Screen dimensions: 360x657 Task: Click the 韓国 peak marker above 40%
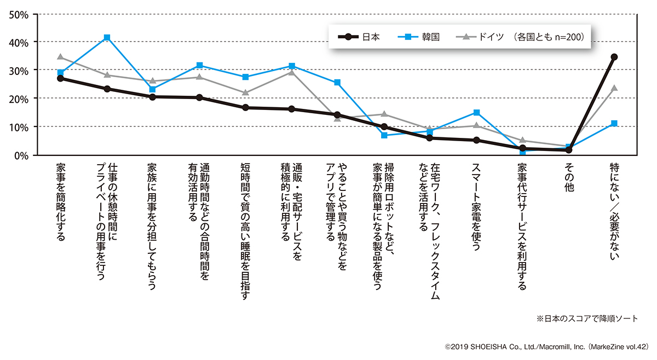pyautogui.click(x=107, y=37)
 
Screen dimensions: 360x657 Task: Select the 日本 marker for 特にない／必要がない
pyautogui.click(x=614, y=57)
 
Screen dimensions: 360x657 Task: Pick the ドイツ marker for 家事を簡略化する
pyautogui.click(x=60, y=57)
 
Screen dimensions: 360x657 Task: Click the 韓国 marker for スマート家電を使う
pyautogui.click(x=476, y=113)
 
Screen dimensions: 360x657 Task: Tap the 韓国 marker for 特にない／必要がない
pyautogui.click(x=614, y=124)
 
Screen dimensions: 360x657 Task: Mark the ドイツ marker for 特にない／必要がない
pyautogui.click(x=614, y=88)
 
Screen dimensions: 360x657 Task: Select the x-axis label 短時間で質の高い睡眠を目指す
pyautogui.click(x=245, y=230)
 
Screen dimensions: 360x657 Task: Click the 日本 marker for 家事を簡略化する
pyautogui.click(x=60, y=78)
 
